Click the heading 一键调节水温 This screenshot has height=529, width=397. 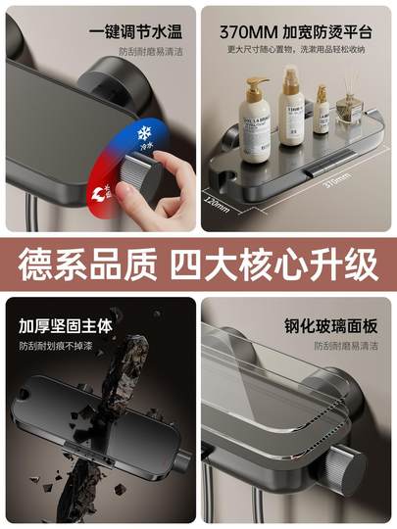tap(140, 28)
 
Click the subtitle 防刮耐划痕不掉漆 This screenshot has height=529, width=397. tap(61, 346)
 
